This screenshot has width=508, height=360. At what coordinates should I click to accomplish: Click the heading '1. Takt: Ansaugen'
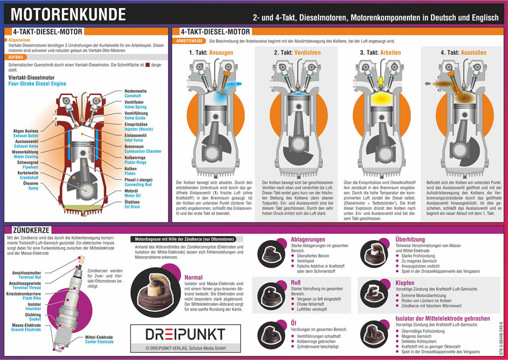point(211,52)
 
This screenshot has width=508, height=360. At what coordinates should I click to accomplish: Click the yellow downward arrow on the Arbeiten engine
point(379,81)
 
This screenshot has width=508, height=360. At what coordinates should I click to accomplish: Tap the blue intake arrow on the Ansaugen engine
point(237,83)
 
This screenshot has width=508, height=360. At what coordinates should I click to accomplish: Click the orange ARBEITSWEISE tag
point(189,40)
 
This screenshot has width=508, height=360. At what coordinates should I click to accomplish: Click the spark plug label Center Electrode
point(99,342)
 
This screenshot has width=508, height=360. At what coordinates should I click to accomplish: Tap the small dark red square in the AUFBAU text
point(148,65)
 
